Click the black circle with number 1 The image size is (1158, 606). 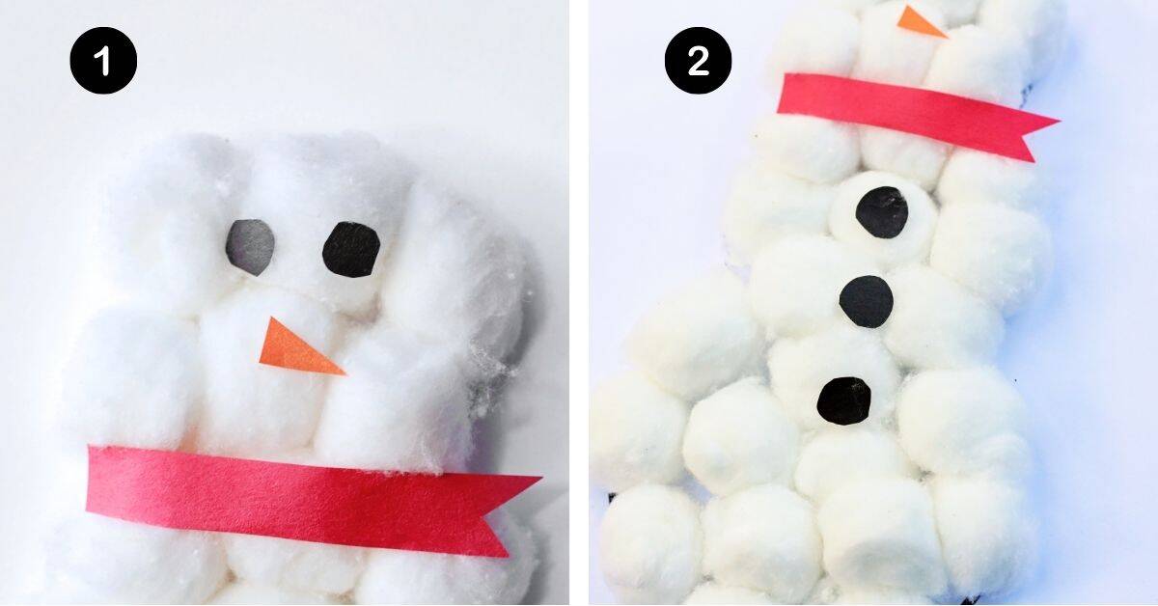click(x=103, y=61)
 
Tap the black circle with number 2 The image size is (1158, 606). click(x=698, y=61)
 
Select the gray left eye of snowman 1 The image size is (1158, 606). click(x=250, y=245)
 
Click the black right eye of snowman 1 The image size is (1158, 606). click(x=351, y=249)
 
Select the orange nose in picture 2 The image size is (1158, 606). click(x=921, y=21)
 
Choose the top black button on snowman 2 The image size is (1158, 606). click(x=882, y=212)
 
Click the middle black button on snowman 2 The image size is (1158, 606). click(x=866, y=301)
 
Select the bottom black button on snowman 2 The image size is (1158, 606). click(x=844, y=399)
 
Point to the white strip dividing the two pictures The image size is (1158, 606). click(x=579, y=303)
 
